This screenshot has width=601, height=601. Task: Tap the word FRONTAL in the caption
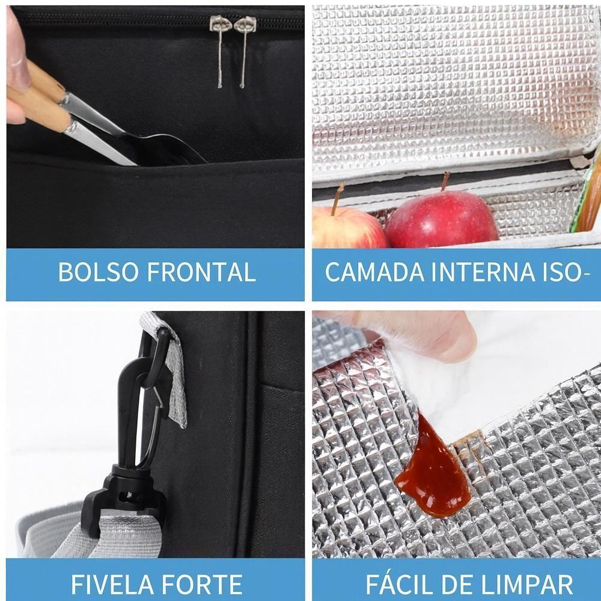point(201,272)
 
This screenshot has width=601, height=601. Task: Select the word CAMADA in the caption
point(370,272)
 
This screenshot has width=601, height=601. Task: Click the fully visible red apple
point(441,219)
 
